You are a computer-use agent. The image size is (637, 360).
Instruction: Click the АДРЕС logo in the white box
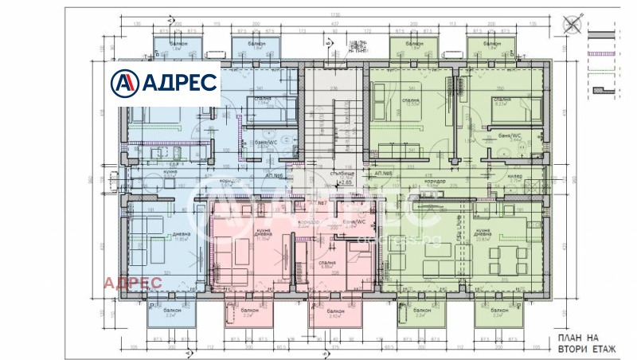point(164,82)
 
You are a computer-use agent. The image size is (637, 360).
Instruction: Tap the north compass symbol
point(572,25)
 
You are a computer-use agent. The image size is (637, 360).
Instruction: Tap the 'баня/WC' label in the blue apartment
point(238,141)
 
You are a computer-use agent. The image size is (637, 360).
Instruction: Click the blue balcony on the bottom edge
point(170,314)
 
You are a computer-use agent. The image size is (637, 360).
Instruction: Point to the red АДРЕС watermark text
point(133,282)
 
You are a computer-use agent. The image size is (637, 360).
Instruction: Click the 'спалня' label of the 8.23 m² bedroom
point(502,99)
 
